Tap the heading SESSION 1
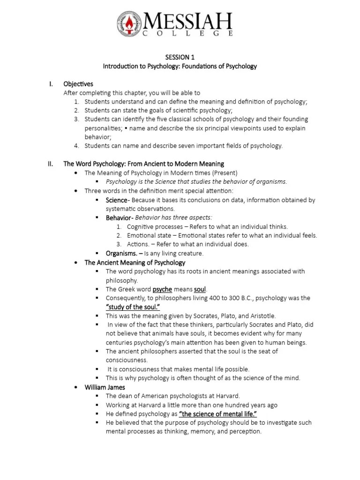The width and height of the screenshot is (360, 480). (180, 57)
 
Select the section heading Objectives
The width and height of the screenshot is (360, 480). (78, 84)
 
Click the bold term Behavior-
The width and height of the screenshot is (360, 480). (120, 217)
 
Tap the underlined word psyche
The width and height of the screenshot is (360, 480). (162, 289)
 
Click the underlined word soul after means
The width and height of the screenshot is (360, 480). (200, 289)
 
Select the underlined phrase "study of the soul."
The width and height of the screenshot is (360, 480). (133, 307)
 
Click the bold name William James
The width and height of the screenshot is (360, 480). (105, 387)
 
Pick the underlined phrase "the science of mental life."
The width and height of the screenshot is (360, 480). (218, 414)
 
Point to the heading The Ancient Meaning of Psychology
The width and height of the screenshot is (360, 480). (135, 262)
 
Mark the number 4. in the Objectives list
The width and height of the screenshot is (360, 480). (77, 146)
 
